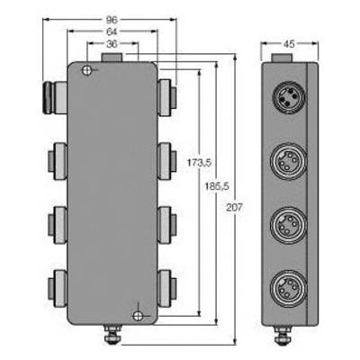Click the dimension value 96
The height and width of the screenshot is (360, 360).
[112, 20]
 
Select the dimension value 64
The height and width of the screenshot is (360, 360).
[112, 31]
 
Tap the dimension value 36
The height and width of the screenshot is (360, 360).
[112, 44]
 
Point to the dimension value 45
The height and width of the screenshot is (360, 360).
[289, 44]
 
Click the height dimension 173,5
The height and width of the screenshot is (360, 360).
[199, 163]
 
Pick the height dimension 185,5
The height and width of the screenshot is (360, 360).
[217, 186]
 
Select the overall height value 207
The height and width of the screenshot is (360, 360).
[234, 207]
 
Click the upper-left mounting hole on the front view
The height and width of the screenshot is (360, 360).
[86, 70]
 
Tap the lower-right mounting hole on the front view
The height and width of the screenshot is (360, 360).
[138, 315]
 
